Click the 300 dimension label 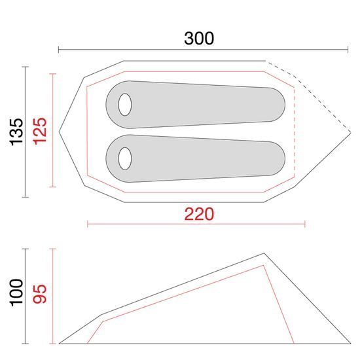[199, 39]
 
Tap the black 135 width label [17, 132]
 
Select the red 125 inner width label [40, 131]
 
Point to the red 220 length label [199, 214]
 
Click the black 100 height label [17, 293]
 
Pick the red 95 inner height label [40, 294]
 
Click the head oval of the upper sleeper [125, 105]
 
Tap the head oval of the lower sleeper [125, 158]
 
